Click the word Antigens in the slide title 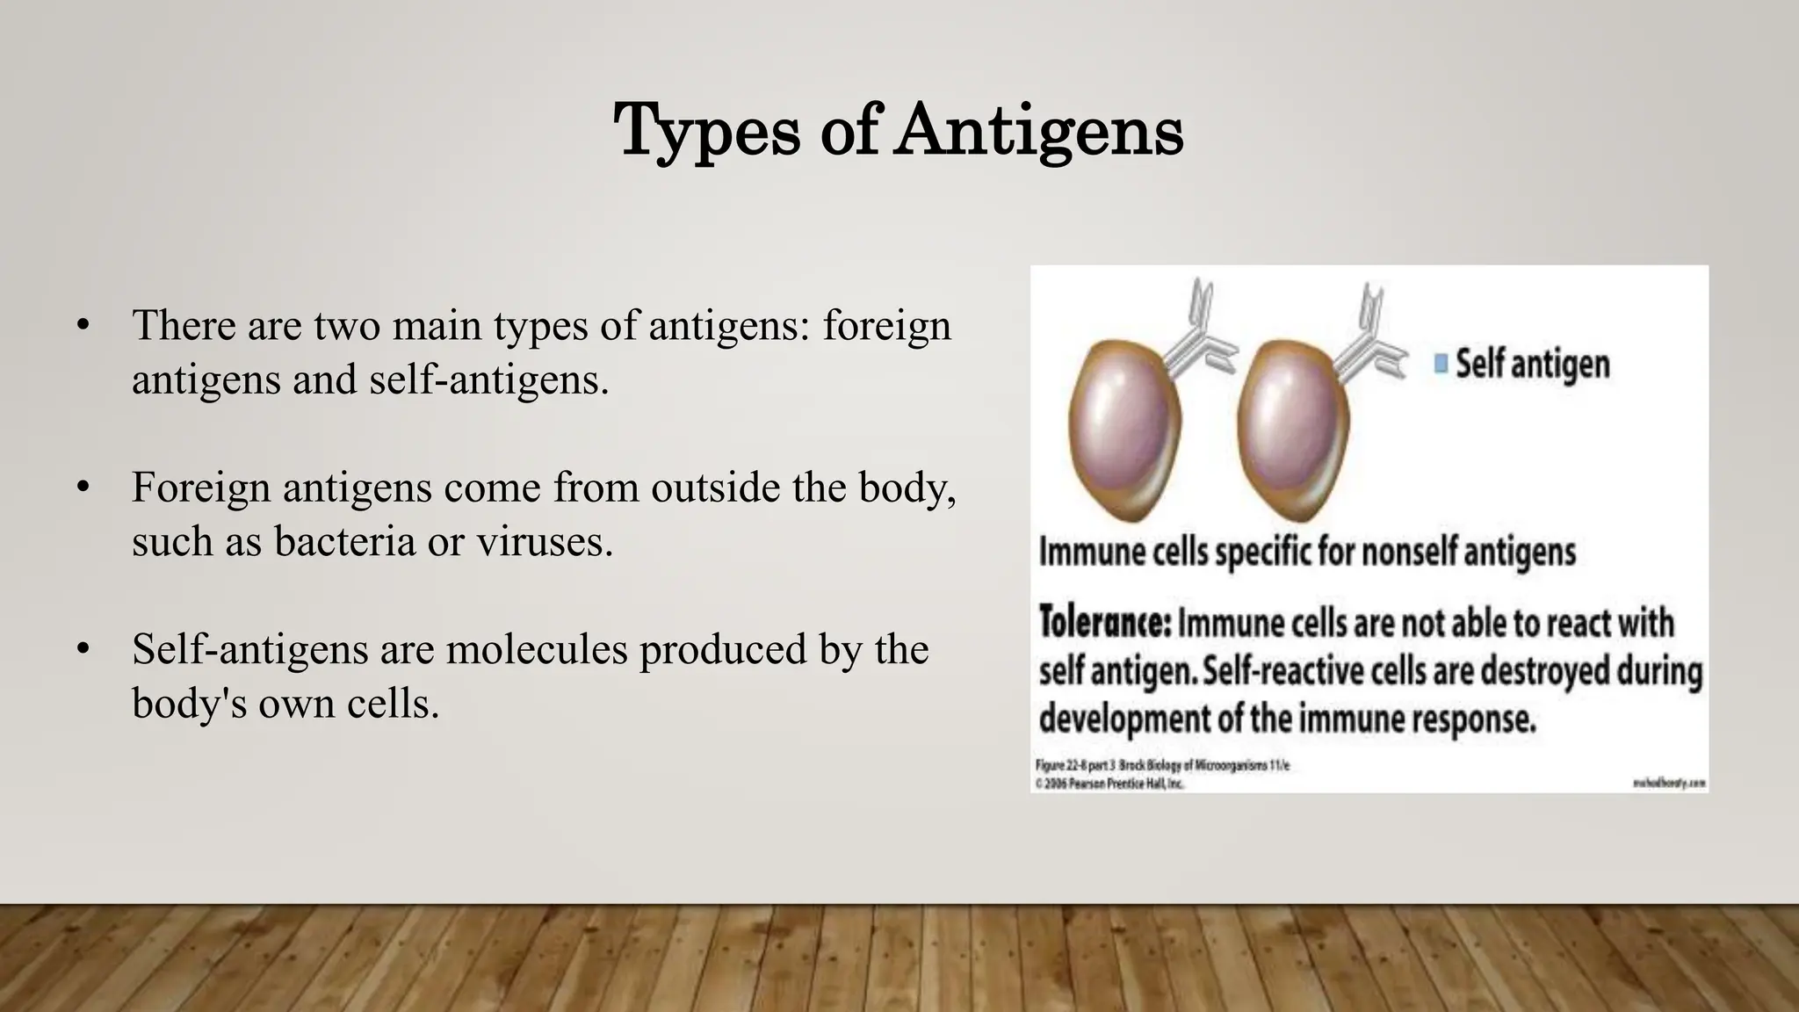1039,132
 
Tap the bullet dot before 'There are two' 83,326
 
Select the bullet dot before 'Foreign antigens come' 83,488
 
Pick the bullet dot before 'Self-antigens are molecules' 83,650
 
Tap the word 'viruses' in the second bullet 545,541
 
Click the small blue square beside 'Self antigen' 1441,363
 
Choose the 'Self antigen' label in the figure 1533,363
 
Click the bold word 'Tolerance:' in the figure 1104,624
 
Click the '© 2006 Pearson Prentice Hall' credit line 1110,783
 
